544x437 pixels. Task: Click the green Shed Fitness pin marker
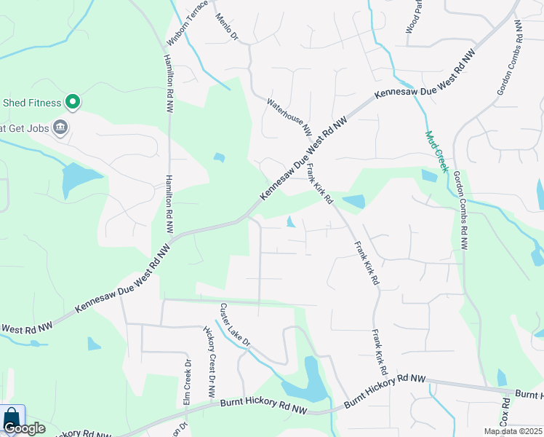[72, 101]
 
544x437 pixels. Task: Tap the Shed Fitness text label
[31, 102]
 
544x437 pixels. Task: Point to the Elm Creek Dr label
[187, 382]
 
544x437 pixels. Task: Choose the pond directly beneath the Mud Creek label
[429, 176]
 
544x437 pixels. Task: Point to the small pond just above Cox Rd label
[502, 377]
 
